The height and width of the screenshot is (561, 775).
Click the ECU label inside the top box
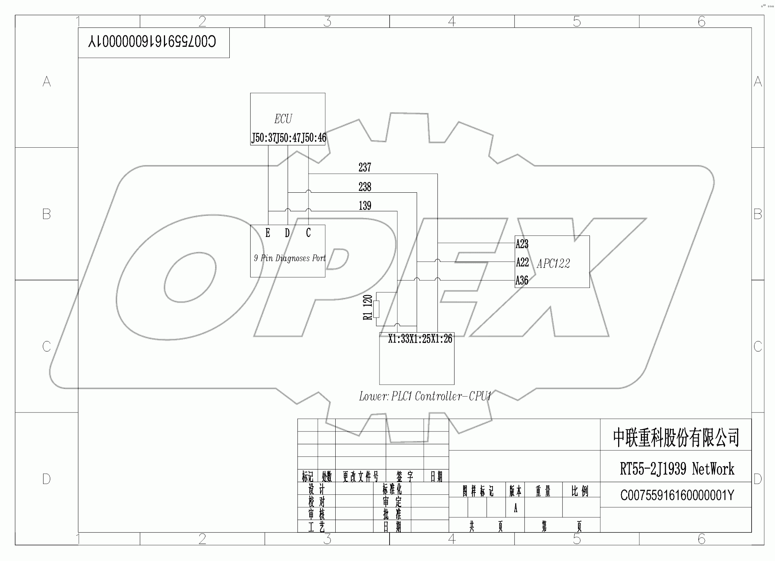pos(283,119)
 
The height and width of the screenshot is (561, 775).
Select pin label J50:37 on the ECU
pos(264,138)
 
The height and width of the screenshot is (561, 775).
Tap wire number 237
pos(365,167)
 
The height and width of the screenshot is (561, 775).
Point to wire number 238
pos(365,187)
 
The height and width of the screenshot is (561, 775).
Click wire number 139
pos(365,206)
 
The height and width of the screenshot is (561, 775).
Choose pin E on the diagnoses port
pos(268,233)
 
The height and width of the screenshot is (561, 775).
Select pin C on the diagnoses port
pos(308,233)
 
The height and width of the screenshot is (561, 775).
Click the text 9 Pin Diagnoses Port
pos(290,258)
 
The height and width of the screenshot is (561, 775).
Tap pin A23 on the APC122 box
pos(522,244)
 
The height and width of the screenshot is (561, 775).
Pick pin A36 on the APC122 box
pos(522,280)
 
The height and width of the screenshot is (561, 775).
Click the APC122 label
pos(553,264)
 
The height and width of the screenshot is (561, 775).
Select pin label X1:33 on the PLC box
pos(398,339)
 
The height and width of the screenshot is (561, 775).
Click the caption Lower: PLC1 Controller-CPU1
pos(425,397)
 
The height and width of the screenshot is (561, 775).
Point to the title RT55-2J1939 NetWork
pos(677,469)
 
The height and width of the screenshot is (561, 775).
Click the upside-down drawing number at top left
pos(152,42)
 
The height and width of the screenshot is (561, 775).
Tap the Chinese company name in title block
pos(676,437)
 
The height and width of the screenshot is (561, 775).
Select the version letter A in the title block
pos(516,509)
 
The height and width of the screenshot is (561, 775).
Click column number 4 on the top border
pos(452,21)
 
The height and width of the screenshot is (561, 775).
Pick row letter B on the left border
pos(46,214)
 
